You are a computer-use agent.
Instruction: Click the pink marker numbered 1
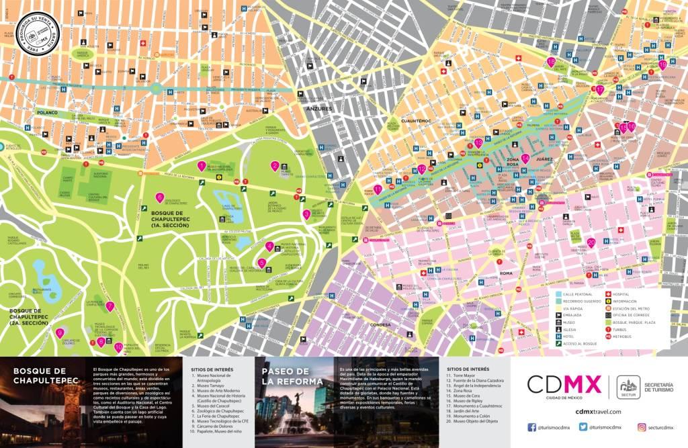click(x=202, y=165)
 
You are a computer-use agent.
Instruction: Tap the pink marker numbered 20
click(x=591, y=242)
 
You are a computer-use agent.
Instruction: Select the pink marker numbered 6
click(x=159, y=197)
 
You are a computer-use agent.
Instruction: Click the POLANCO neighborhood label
click(x=48, y=113)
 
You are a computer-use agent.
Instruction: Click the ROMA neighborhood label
click(x=506, y=273)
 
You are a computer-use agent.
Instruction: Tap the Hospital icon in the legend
click(x=609, y=294)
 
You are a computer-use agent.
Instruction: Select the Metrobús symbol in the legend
click(x=609, y=336)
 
